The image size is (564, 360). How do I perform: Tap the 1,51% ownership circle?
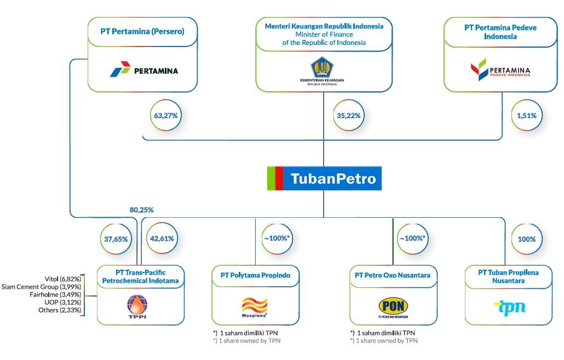(x=527, y=115)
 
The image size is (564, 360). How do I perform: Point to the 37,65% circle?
(x=116, y=239)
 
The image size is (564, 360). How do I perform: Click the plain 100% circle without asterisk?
(x=527, y=239)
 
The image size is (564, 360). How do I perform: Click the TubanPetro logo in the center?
(x=324, y=179)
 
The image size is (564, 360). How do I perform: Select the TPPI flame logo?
(x=137, y=306)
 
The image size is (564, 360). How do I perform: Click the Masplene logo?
(x=255, y=307)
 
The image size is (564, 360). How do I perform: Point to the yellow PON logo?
(x=393, y=306)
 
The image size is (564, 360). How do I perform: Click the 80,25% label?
(x=141, y=210)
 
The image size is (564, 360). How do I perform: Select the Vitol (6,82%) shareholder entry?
(x=62, y=278)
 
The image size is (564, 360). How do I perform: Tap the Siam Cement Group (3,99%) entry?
(x=42, y=287)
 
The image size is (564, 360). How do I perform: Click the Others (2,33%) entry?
(x=60, y=310)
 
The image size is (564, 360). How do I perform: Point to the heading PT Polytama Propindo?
(x=256, y=275)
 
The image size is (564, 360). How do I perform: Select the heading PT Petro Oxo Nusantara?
(x=393, y=275)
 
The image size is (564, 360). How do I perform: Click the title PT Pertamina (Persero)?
(x=142, y=31)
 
